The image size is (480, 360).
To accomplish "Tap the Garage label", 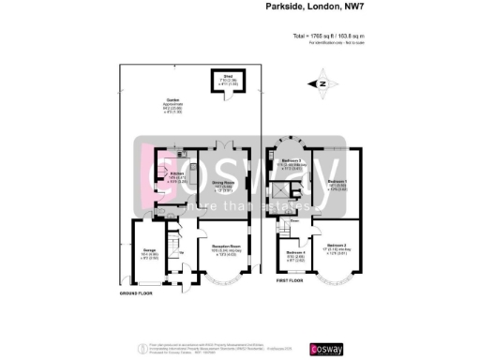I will coord(150,253).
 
